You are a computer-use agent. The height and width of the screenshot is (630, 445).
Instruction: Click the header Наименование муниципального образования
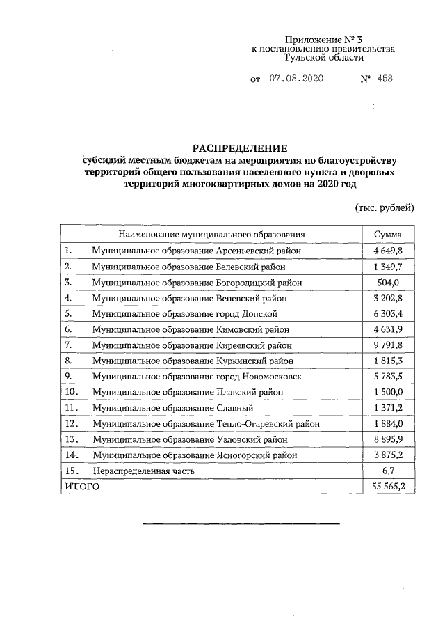coord(212,235)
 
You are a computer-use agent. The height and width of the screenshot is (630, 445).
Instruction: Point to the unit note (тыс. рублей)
coord(385,207)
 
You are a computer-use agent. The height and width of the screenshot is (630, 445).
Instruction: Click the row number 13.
coord(70,439)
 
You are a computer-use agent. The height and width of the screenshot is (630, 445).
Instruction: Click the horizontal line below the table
coord(241,523)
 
